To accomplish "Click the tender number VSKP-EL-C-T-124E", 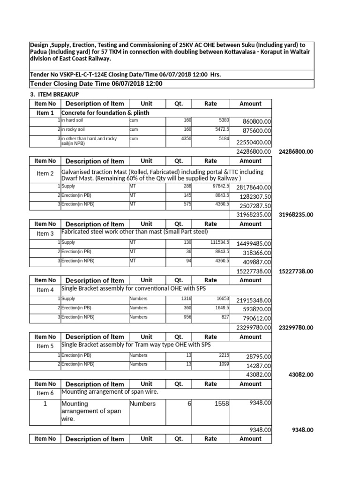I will point(82,75).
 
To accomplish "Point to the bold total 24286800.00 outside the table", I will point(296,151).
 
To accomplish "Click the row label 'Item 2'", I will point(45,173).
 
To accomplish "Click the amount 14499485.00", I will point(253,244).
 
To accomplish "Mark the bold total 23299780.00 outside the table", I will point(296,328).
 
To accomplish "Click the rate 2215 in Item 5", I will point(223,355).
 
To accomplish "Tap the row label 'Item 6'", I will point(45,393).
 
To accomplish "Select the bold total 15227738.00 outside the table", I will point(296,271).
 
